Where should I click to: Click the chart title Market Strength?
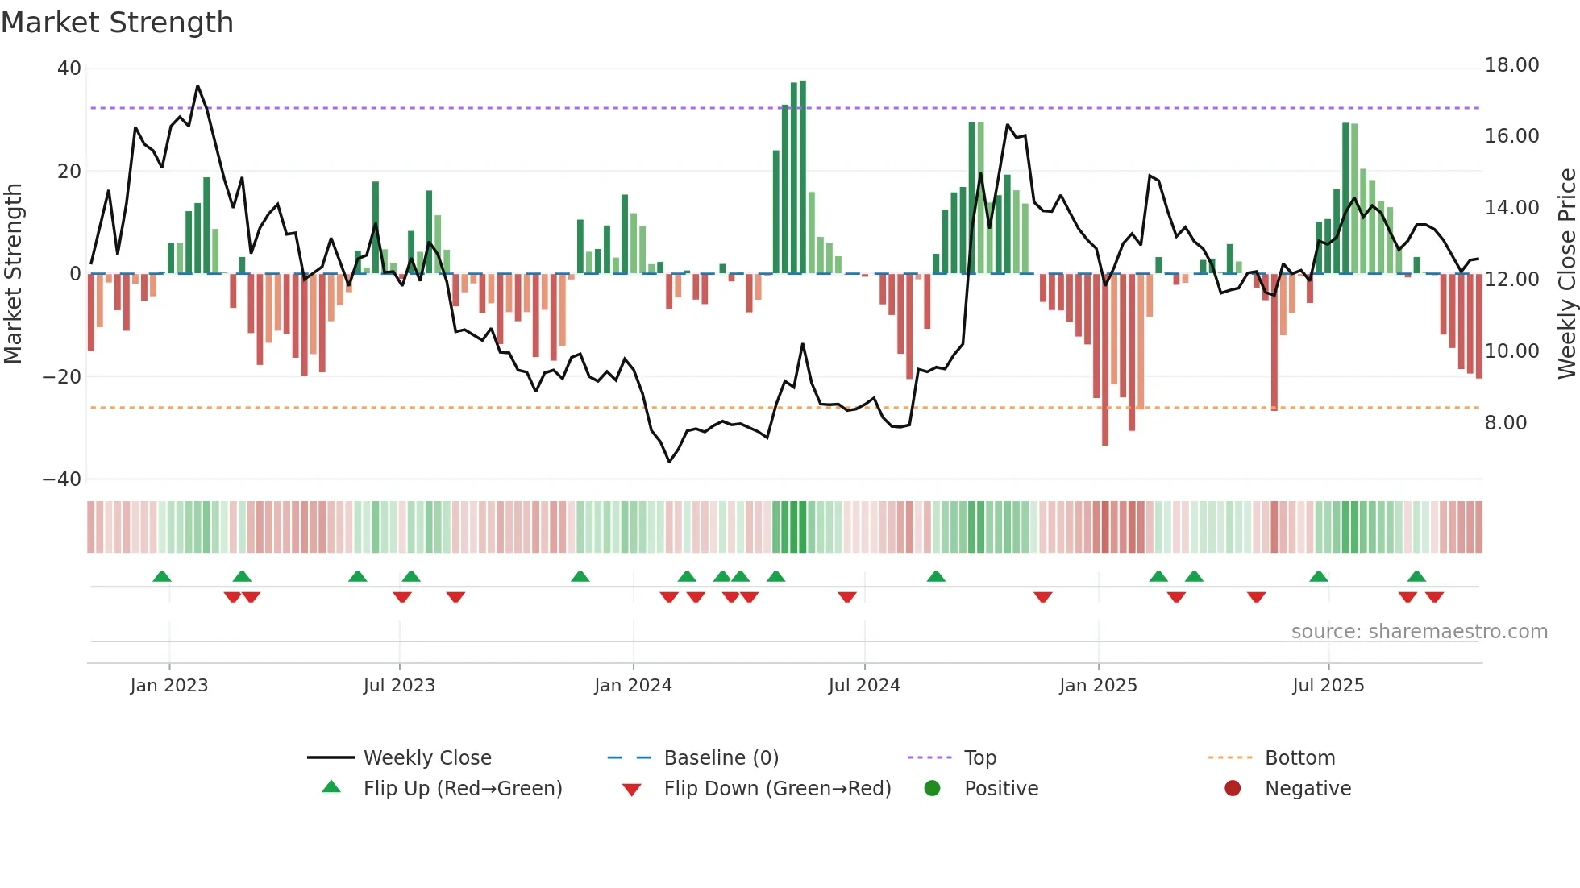(117, 23)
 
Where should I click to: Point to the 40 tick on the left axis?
(69, 68)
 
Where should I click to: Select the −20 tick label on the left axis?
(62, 376)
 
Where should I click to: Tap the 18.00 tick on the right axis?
(1511, 65)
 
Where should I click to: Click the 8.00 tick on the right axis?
(1505, 423)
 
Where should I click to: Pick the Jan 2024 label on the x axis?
(633, 686)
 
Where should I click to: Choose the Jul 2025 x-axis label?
(1328, 686)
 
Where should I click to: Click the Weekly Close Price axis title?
(1566, 274)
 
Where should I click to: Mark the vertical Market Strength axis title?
(13, 274)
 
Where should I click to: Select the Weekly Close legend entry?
(426, 758)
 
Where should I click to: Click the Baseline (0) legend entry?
(721, 758)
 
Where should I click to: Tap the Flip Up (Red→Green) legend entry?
(462, 789)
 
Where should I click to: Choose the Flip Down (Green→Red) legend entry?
(777, 789)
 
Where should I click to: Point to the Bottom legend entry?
(1299, 758)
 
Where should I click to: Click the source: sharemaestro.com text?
(1419, 632)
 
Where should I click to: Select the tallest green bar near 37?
(802, 177)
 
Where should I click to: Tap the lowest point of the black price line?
(669, 461)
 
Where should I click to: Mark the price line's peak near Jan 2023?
(197, 86)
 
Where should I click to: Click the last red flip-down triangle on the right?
(1434, 597)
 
